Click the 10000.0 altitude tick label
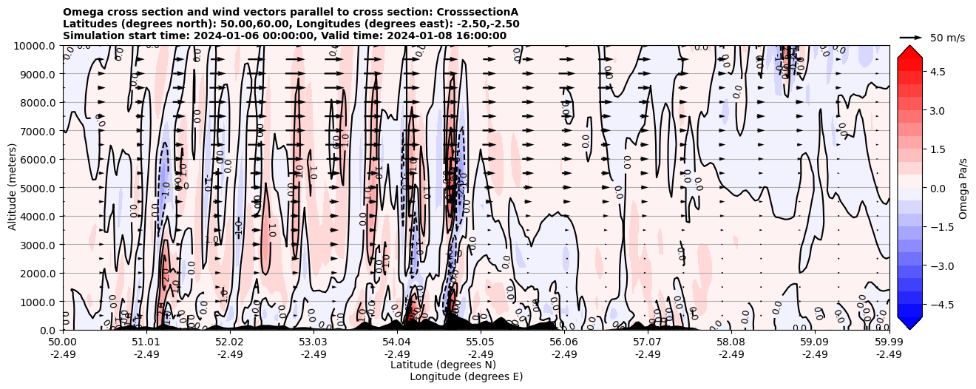36,46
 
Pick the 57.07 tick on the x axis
648,342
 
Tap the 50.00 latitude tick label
63,342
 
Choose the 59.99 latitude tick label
889,342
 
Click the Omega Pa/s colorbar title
963,188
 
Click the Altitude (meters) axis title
13,188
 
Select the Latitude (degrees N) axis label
443,365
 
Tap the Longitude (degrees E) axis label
466,376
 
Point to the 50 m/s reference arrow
911,37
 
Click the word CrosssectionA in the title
479,12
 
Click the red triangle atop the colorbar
909,50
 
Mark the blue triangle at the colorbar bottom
909,322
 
